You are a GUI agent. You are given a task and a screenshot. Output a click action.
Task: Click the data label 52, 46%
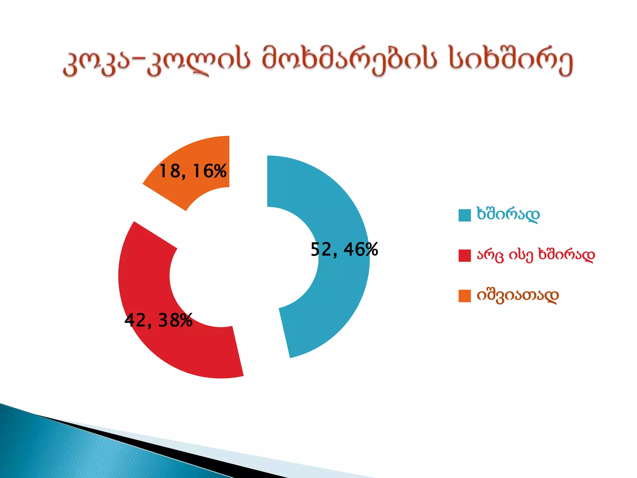tap(344, 250)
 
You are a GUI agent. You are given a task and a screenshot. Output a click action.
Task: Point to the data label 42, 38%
tap(158, 320)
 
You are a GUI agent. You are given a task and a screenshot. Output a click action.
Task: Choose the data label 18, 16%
tap(193, 171)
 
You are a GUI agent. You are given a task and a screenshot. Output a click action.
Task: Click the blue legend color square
tap(464, 215)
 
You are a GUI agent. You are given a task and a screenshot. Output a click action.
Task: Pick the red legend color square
tap(464, 255)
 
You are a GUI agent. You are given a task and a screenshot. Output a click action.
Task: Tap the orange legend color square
tap(464, 296)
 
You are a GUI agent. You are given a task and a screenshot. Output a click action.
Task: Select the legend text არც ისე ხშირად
tap(536, 255)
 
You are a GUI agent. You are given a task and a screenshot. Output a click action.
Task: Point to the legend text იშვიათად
tap(518, 296)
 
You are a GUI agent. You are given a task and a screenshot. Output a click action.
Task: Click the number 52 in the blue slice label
tap(321, 250)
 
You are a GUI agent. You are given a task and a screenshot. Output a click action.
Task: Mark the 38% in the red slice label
tap(175, 320)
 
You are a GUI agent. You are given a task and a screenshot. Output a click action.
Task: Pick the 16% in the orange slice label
tap(210, 171)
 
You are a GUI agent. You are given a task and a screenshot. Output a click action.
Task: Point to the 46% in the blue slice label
tap(361, 250)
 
